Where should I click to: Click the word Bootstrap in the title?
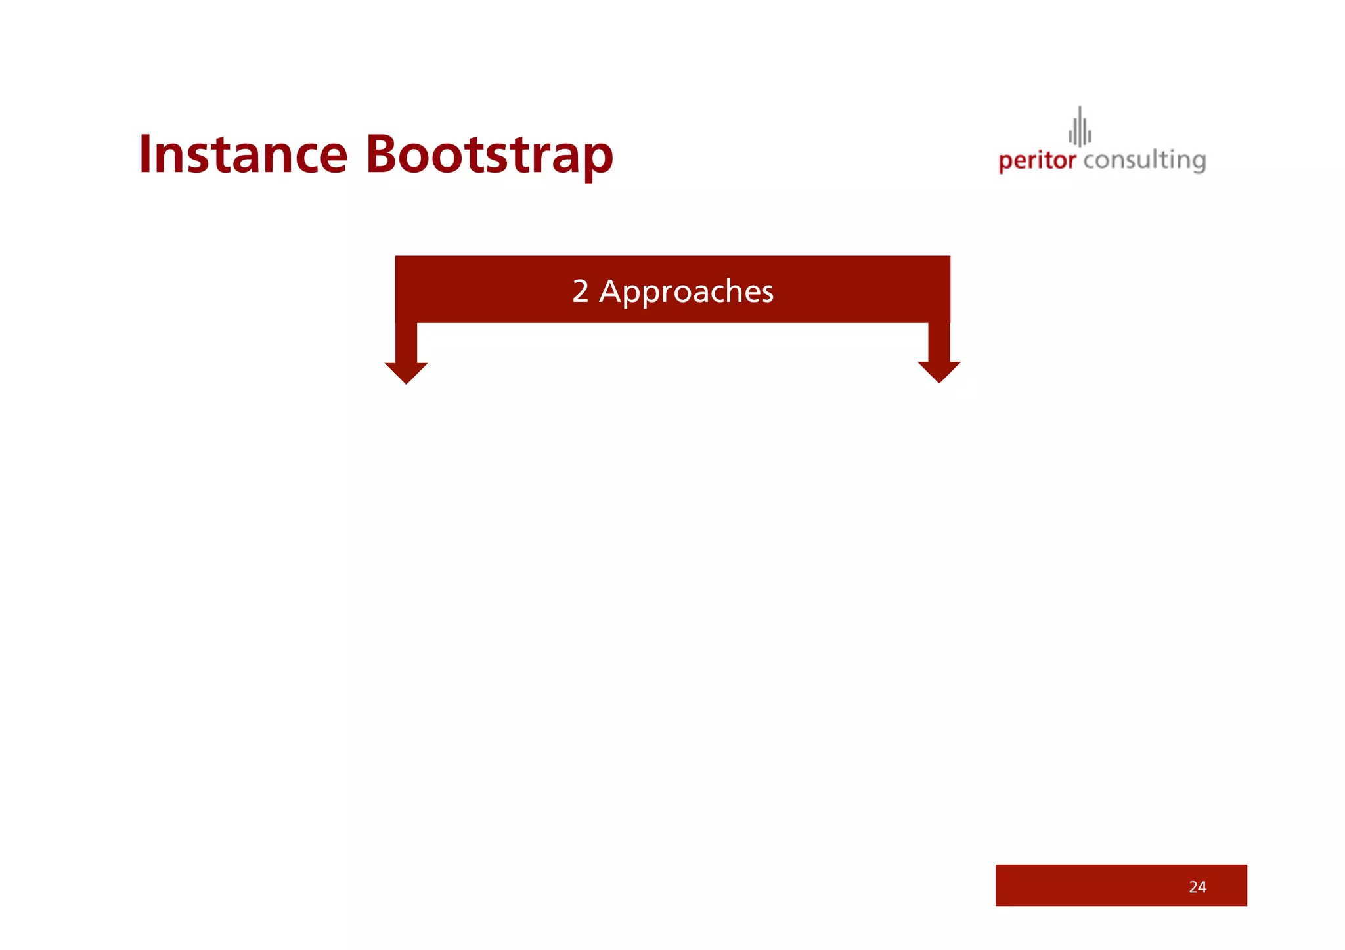pyautogui.click(x=489, y=155)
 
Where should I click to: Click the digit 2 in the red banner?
pyautogui.click(x=580, y=291)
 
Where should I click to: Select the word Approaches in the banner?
pyautogui.click(x=686, y=292)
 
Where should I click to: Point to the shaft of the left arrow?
pyautogui.click(x=406, y=342)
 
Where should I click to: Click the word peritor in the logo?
pyautogui.click(x=1037, y=161)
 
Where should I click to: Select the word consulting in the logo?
pyautogui.click(x=1144, y=160)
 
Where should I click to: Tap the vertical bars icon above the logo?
pyautogui.click(x=1080, y=128)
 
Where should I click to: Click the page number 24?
pyautogui.click(x=1197, y=887)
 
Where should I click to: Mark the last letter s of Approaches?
pyautogui.click(x=766, y=292)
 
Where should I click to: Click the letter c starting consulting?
pyautogui.click(x=1089, y=161)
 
